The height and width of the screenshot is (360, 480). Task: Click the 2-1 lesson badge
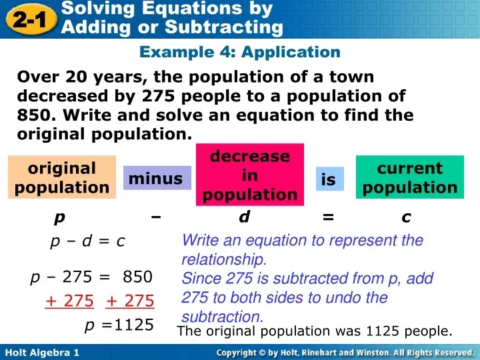coord(27,19)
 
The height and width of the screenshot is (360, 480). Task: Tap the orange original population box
coord(62,177)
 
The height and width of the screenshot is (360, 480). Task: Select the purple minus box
coord(155,178)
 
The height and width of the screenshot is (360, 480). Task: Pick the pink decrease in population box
coord(249,175)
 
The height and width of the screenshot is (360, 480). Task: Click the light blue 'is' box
coord(329,180)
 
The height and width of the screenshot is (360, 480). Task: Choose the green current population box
coord(410,177)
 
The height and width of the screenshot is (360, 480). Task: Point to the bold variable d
coord(244,217)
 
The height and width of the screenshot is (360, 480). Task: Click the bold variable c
coord(406,217)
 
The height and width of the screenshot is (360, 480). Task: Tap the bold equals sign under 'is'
coord(327,217)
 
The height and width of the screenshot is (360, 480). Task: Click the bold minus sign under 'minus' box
coord(156,217)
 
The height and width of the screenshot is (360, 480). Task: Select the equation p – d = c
coord(87,241)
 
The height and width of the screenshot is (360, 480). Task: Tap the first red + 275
coord(69,301)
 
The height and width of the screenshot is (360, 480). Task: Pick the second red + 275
coord(130,301)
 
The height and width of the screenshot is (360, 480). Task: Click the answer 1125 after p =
coord(133,325)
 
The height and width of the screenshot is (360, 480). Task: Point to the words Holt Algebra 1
coord(41,351)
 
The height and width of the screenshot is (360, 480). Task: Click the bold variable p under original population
coord(60,217)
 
